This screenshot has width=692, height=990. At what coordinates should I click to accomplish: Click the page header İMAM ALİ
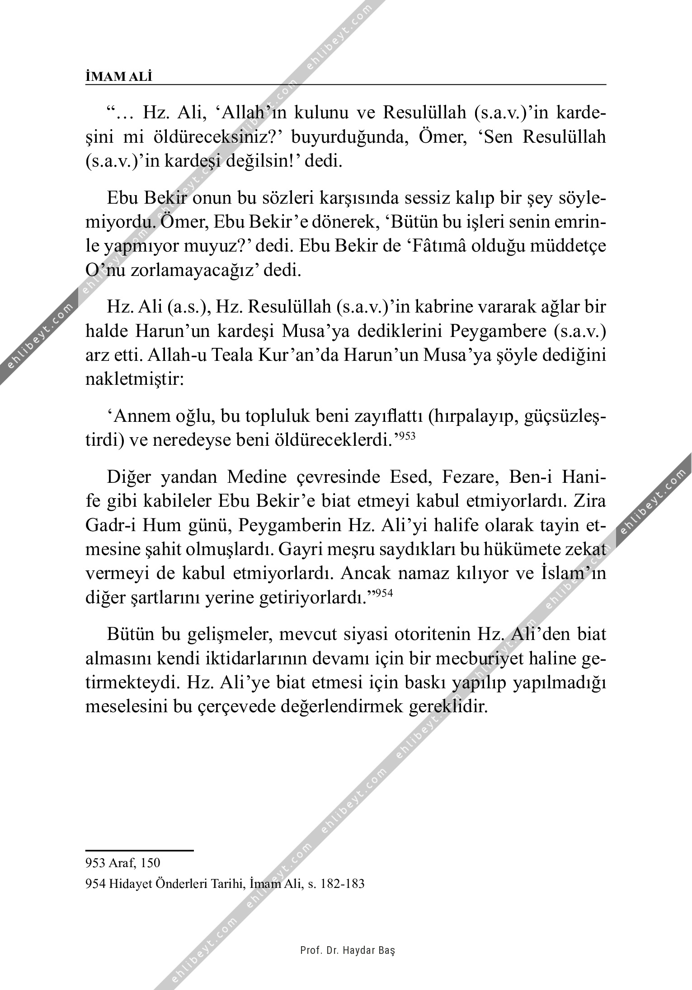[119, 77]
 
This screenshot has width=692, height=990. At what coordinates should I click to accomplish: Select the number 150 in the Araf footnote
[151, 863]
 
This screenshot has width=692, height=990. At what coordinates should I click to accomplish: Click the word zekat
[585, 550]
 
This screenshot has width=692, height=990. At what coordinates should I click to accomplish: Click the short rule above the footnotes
[139, 850]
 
